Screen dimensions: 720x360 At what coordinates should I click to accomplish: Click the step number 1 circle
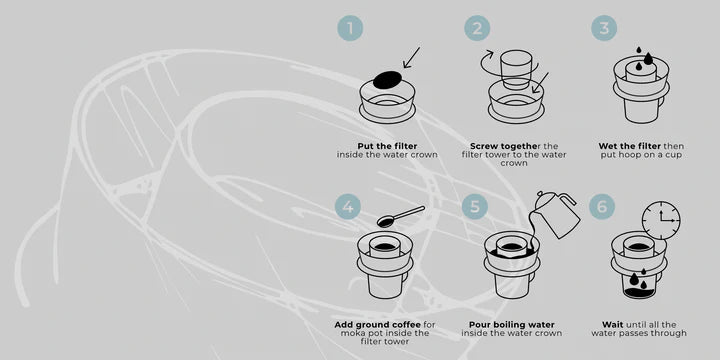[x=350, y=28]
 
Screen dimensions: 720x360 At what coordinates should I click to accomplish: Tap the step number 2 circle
[x=477, y=28]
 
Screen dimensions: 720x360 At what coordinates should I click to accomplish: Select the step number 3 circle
[x=604, y=28]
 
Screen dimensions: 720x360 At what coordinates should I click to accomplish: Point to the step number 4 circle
[x=348, y=206]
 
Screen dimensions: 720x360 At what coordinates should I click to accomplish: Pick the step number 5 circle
[x=474, y=206]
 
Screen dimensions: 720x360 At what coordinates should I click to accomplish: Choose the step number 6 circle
[x=602, y=206]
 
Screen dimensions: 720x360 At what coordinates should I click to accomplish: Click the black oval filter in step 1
[x=388, y=79]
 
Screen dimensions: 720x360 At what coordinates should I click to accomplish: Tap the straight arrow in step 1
[x=411, y=57]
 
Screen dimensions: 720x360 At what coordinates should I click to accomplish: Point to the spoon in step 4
[x=400, y=216]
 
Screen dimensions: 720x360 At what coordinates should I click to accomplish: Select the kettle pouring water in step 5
[x=559, y=214]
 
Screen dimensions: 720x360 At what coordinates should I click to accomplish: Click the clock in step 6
[x=661, y=220]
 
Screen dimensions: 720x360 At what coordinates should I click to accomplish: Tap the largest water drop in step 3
[x=648, y=58]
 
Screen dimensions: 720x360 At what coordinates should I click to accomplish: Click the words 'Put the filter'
[x=387, y=146]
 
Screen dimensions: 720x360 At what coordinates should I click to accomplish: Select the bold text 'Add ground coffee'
[x=377, y=325]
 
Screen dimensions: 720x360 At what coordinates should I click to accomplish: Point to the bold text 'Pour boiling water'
[x=512, y=325]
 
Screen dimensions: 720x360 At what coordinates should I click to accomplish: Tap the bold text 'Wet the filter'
[x=629, y=146]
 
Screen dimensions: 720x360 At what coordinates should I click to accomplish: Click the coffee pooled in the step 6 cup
[x=639, y=292]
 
